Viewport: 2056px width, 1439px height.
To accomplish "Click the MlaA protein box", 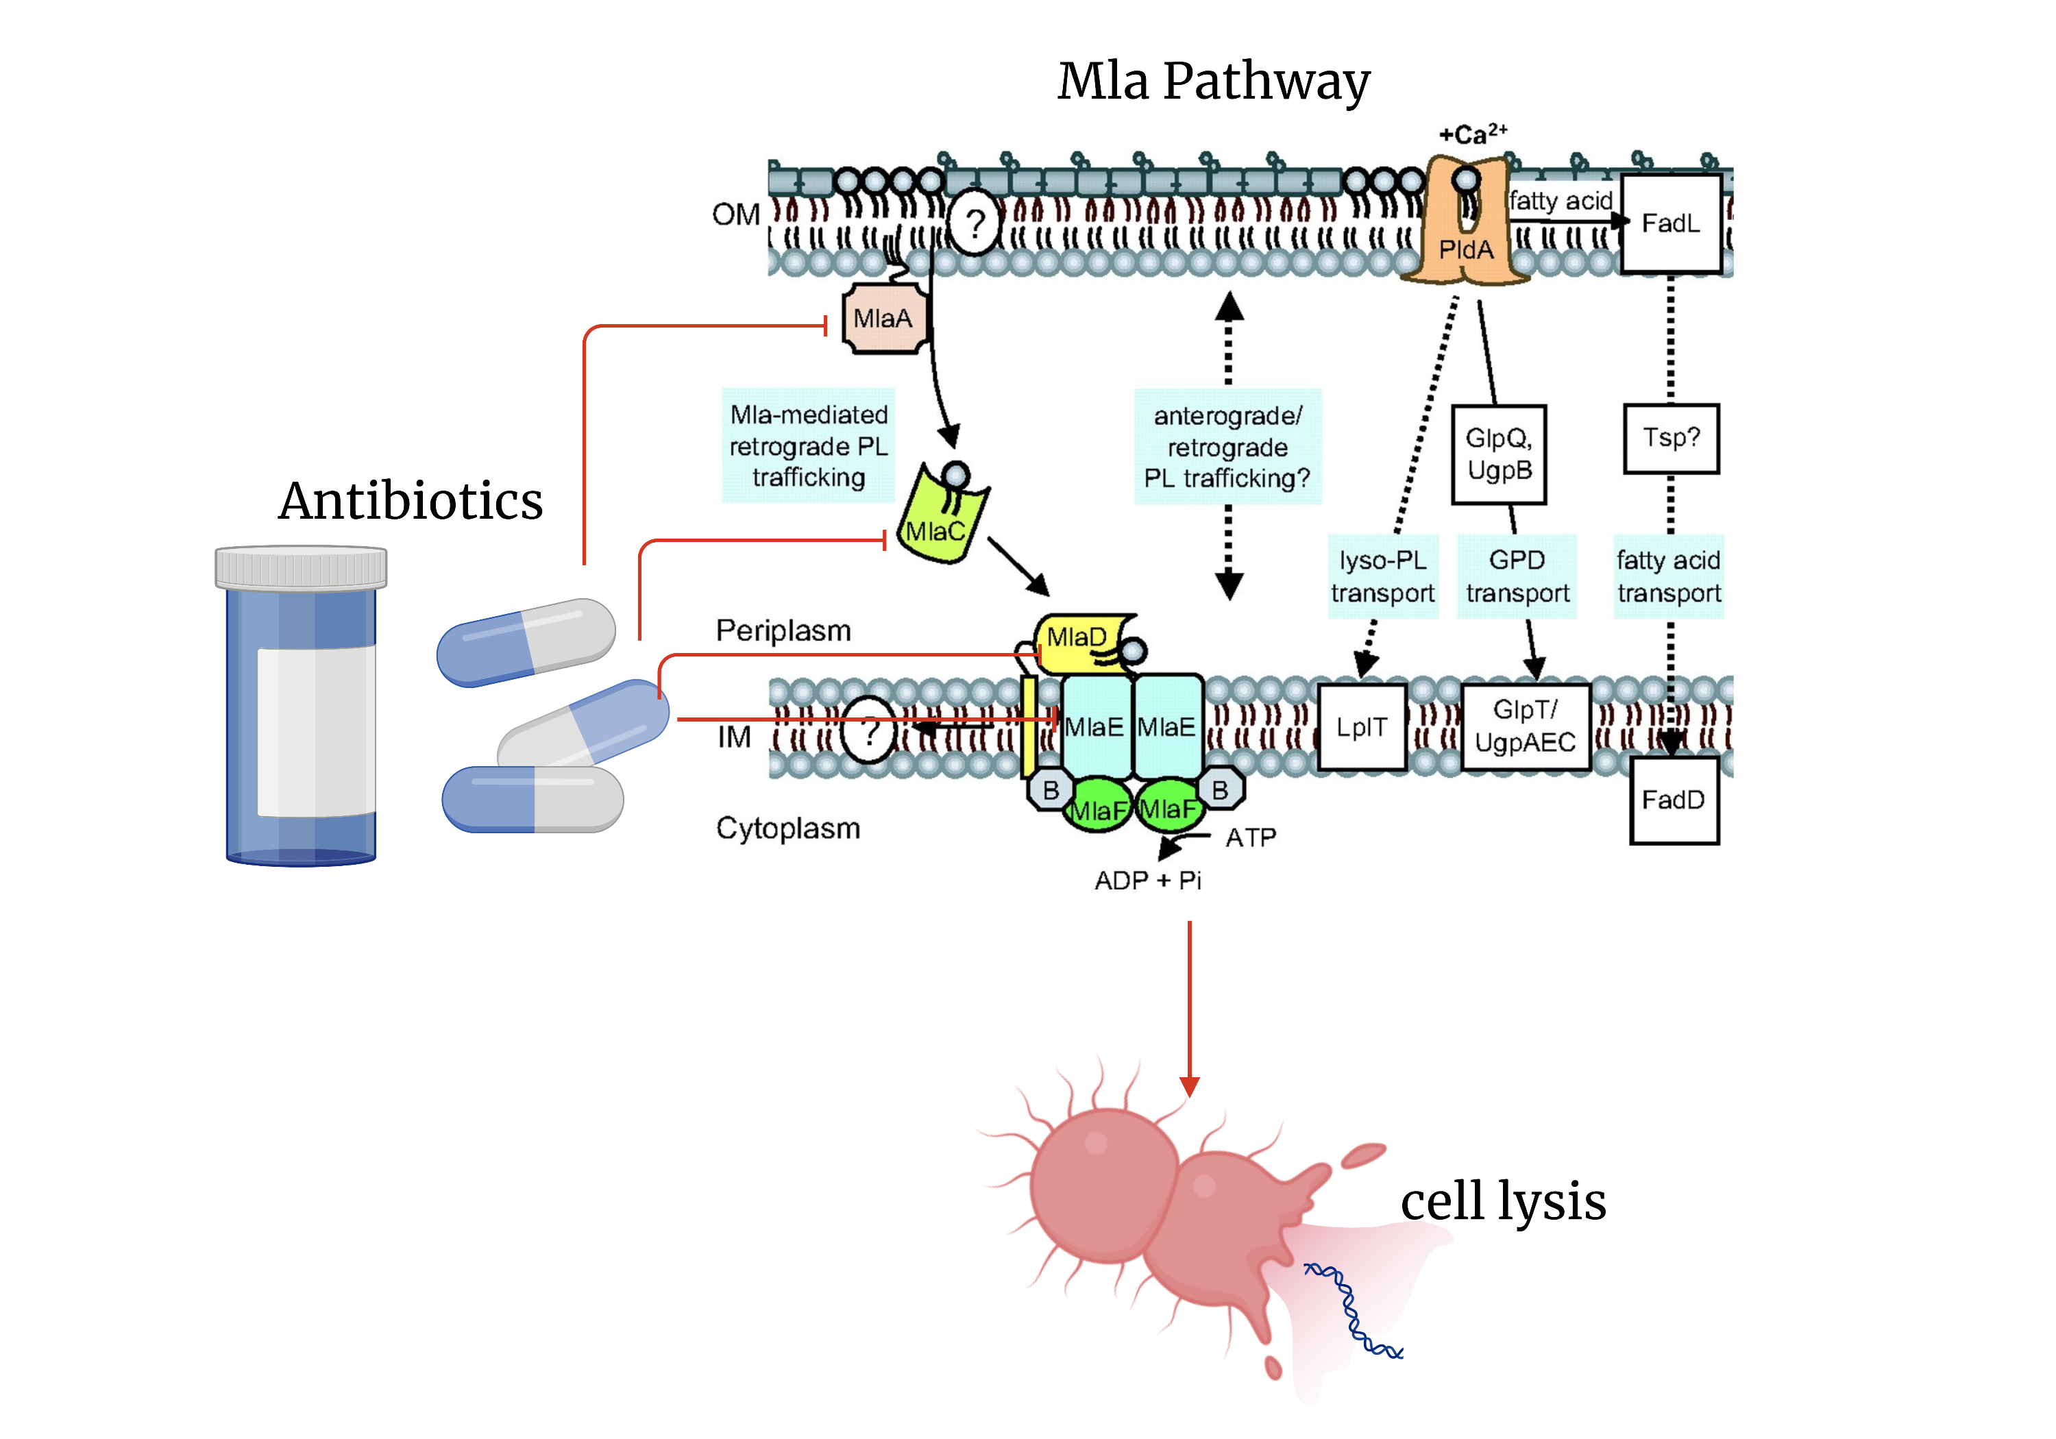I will coord(883,319).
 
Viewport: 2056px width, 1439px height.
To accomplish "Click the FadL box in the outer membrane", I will coord(1670,223).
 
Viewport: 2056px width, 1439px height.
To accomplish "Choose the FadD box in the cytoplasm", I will coord(1673,800).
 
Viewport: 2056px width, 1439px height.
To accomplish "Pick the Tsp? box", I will coord(1670,438).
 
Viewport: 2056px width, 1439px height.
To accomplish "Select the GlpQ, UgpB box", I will coord(1498,454).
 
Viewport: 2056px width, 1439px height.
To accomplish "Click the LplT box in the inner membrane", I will coord(1361,727).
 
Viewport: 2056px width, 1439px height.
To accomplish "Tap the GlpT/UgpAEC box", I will coord(1525,727).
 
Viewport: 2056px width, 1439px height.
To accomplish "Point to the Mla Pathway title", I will coord(1212,82).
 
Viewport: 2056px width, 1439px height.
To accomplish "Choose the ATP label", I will coord(1250,838).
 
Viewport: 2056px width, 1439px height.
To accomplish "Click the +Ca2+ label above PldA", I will coord(1472,134).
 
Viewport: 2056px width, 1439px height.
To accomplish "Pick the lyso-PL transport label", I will coord(1382,577).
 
